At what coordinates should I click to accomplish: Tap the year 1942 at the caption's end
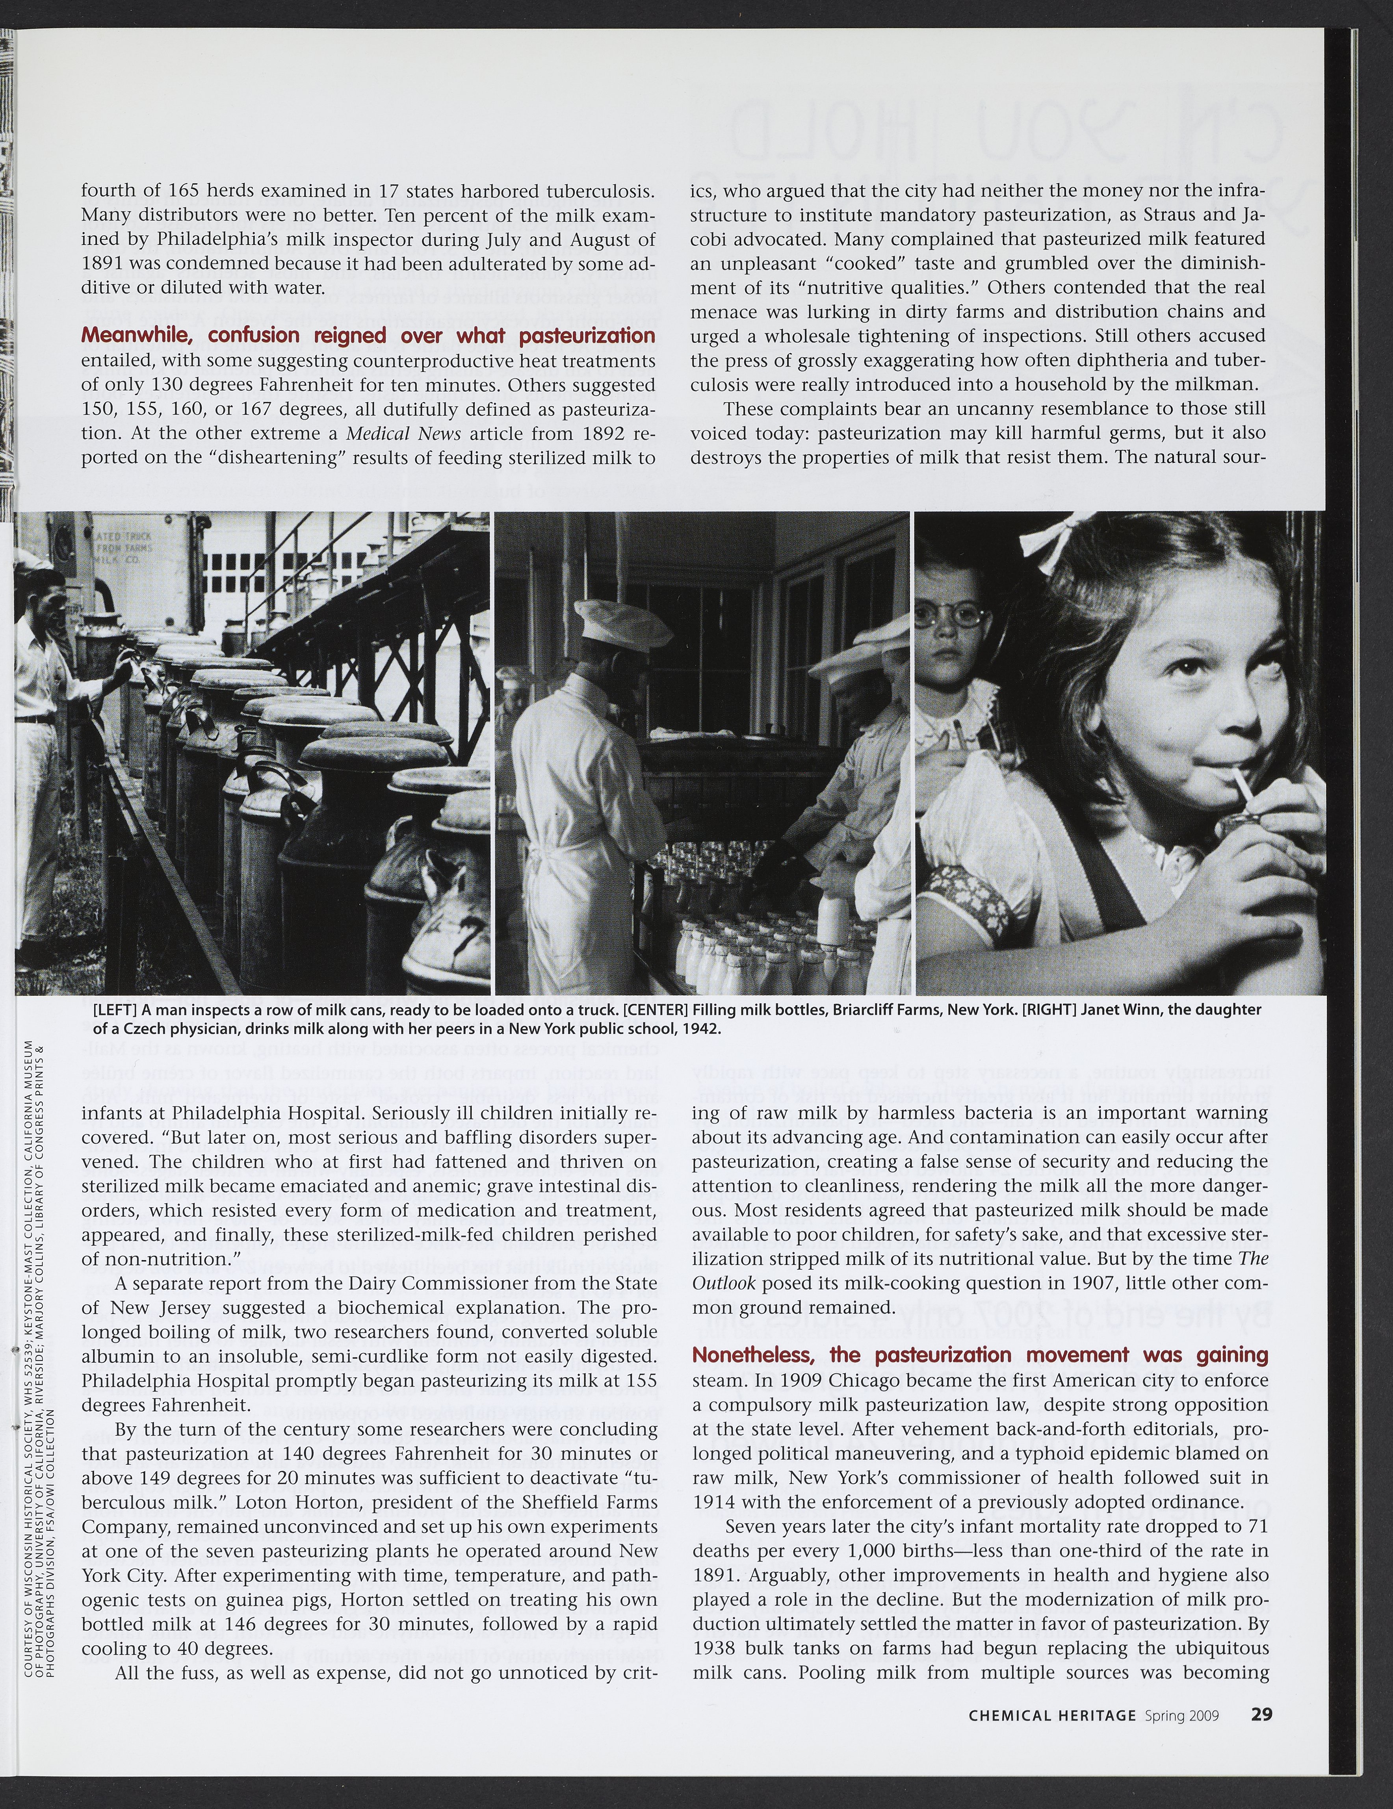click(702, 1030)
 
